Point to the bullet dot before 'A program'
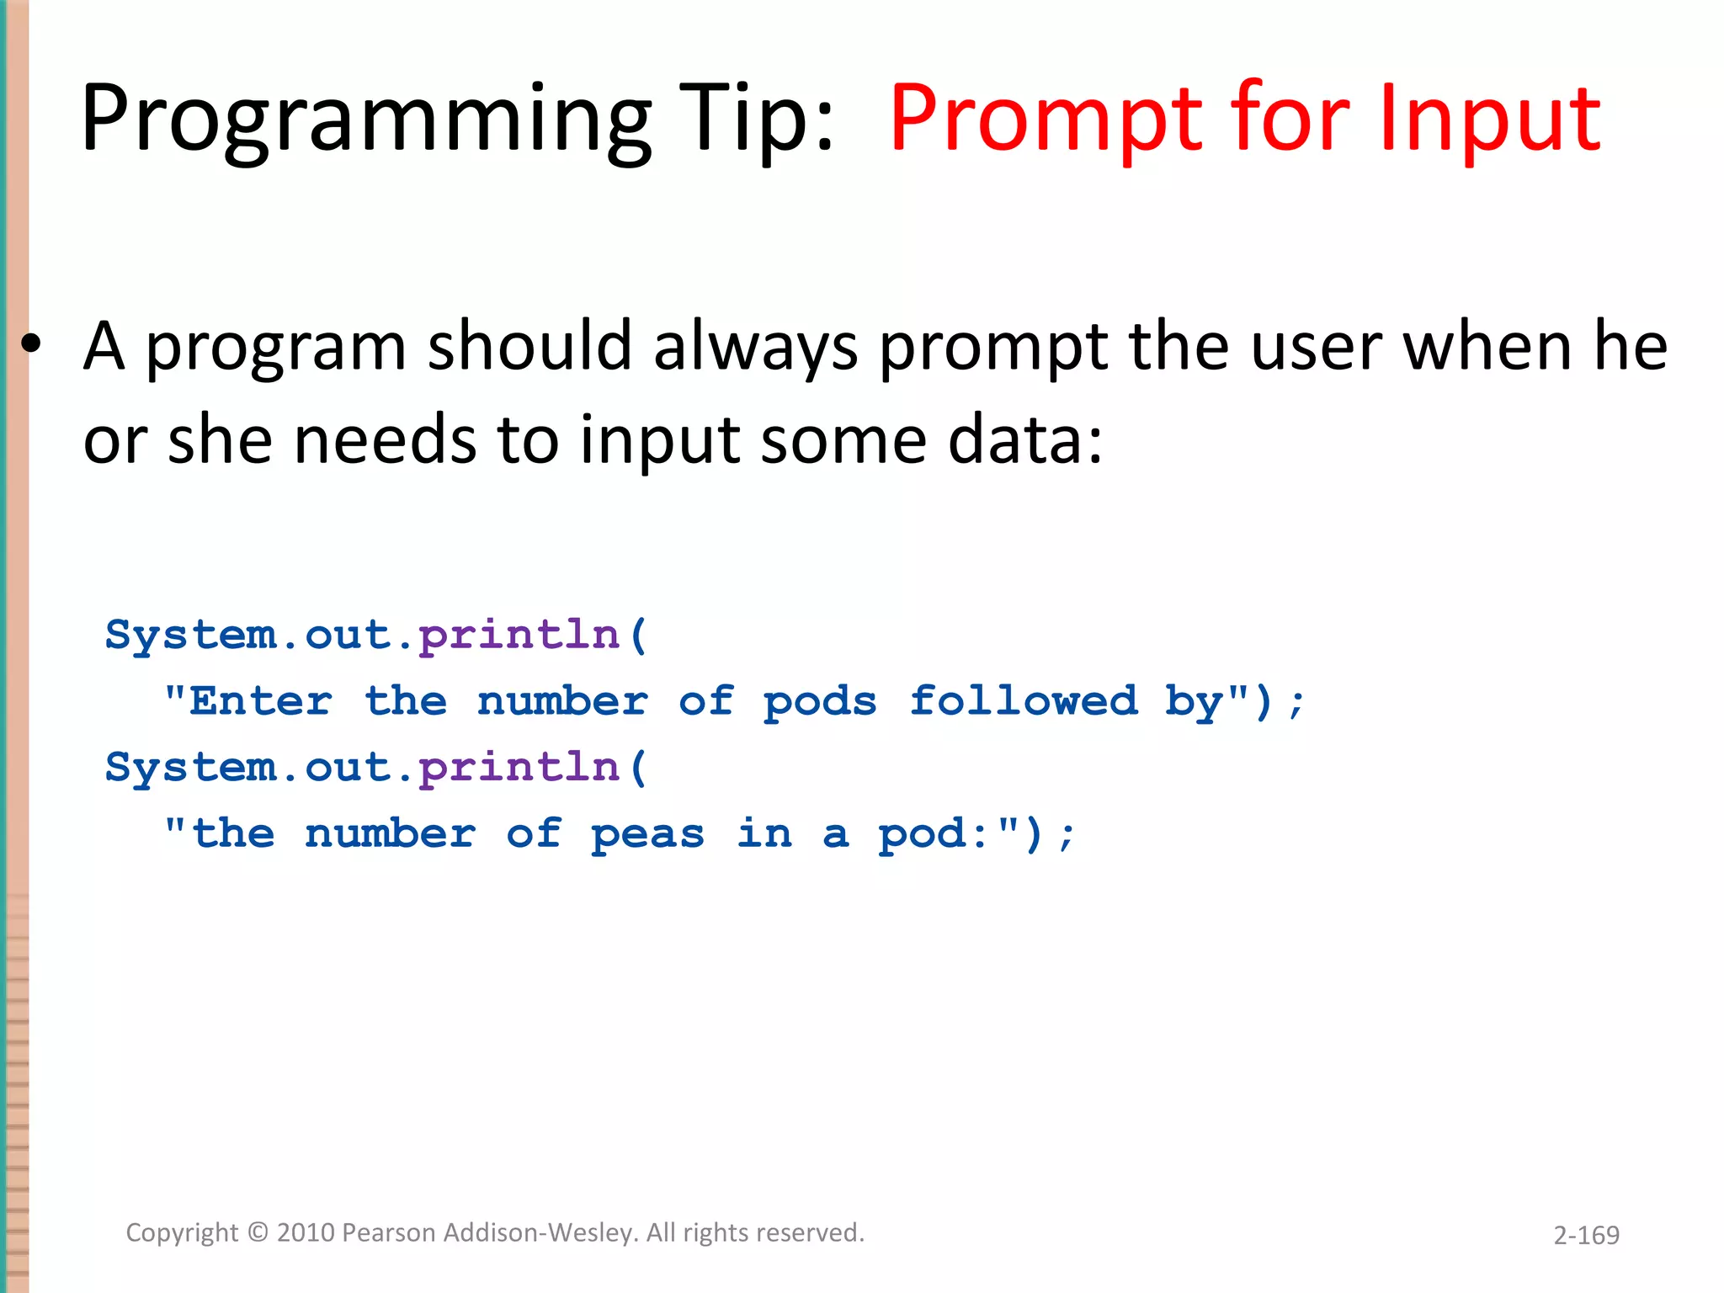click(x=31, y=344)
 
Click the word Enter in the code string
click(x=260, y=701)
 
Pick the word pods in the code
click(x=819, y=701)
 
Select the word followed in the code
click(x=1023, y=701)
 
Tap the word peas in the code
click(x=646, y=834)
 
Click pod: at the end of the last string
click(x=933, y=834)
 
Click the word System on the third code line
click(x=191, y=767)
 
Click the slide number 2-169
click(x=1586, y=1235)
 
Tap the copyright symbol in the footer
click(x=258, y=1232)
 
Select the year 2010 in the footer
click(x=306, y=1232)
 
